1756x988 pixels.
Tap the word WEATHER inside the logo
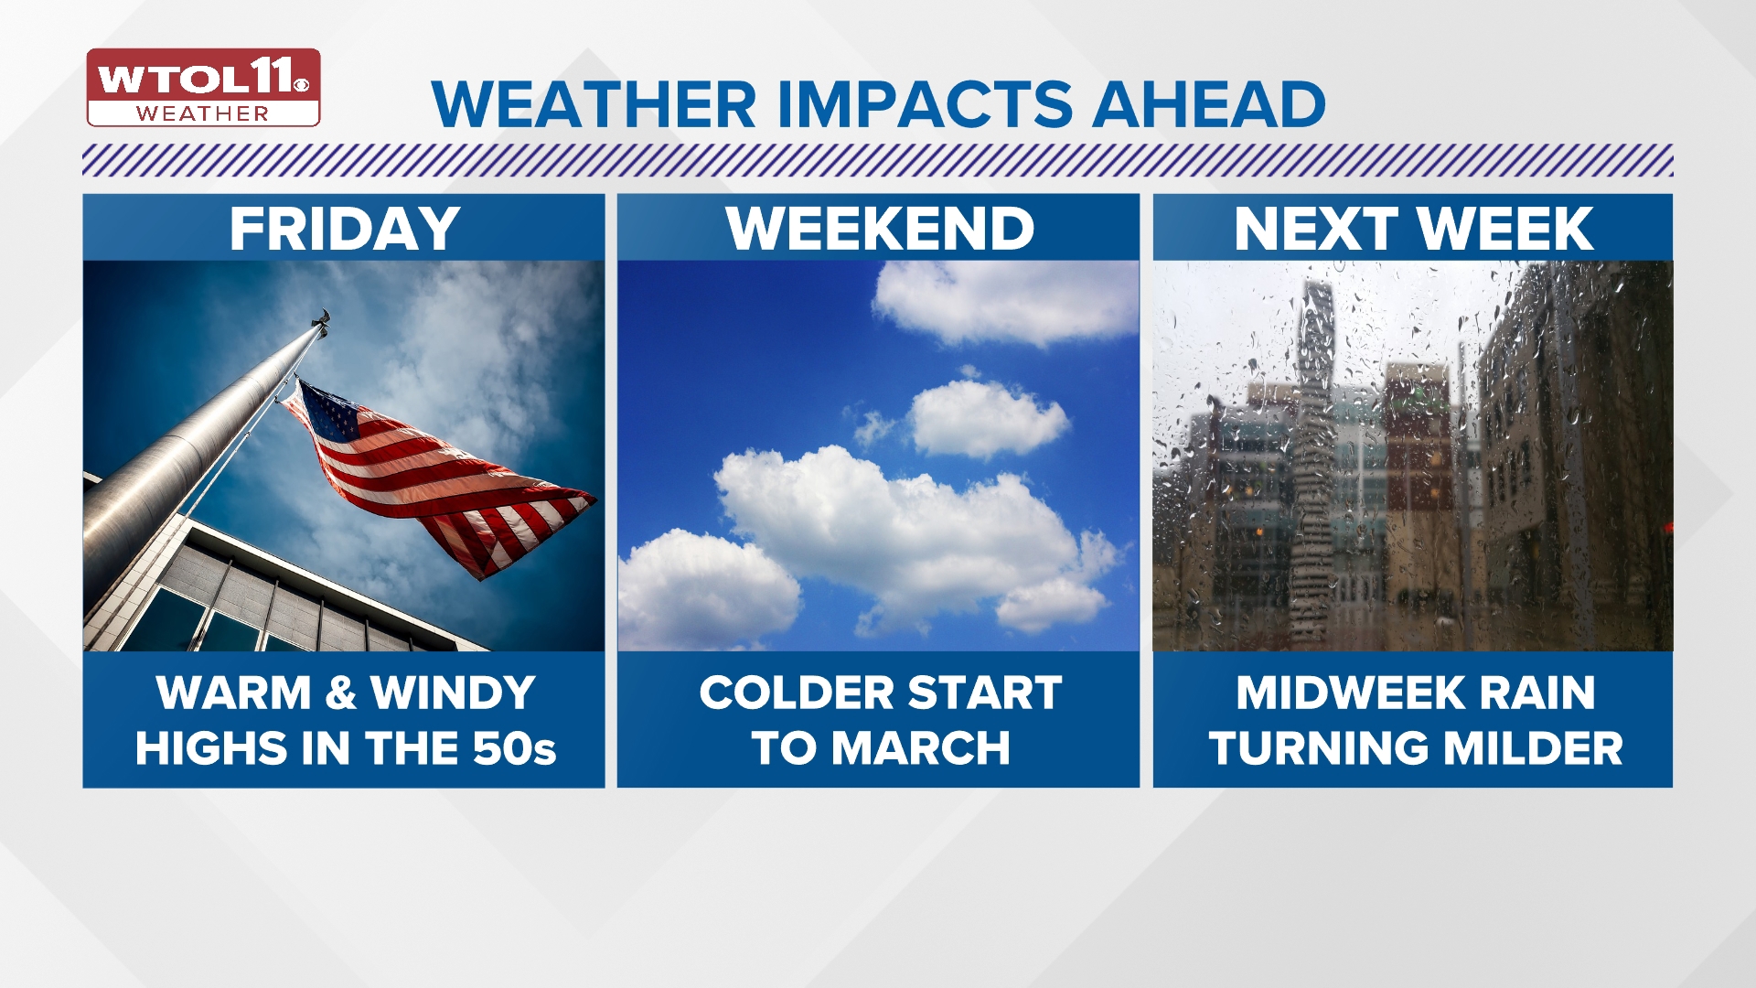coord(203,114)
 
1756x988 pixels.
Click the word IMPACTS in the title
coord(926,104)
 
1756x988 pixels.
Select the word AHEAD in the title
coord(1208,104)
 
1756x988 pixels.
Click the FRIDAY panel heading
coord(344,229)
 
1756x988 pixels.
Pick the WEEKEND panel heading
coord(879,229)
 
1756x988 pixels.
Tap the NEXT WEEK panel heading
coord(1413,229)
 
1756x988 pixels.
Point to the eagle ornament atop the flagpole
coord(320,319)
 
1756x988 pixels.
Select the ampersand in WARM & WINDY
coord(340,693)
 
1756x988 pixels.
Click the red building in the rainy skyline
coord(1418,421)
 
